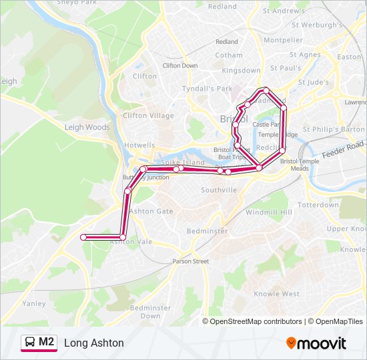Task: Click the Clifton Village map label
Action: (148, 115)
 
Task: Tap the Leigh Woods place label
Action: (87, 127)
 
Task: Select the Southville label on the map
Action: (219, 190)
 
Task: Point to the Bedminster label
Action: (207, 230)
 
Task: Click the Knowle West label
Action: (276, 293)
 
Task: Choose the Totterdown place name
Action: (318, 205)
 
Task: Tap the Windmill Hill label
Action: (269, 212)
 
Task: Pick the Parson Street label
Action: (190, 261)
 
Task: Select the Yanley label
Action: (34, 303)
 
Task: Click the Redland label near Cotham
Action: (226, 41)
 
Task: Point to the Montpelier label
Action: (283, 40)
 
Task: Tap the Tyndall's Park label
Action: (207, 89)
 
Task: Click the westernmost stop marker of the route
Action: (83, 237)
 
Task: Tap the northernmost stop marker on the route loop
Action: (266, 90)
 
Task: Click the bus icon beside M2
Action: (30, 343)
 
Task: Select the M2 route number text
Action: (47, 342)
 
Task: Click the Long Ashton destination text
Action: (94, 343)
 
